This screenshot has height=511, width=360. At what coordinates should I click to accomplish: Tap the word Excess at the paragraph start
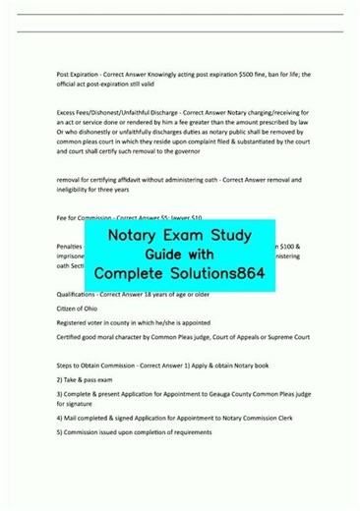tap(67, 113)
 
